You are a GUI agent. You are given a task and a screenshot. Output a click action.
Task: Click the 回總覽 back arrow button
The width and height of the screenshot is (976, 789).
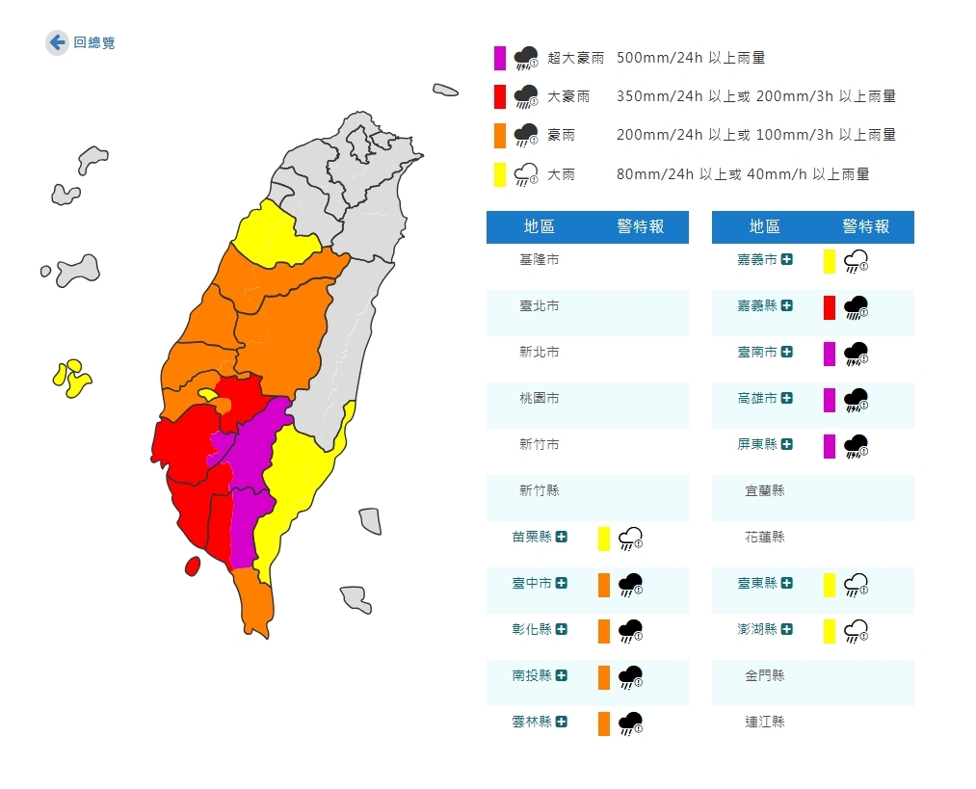[x=57, y=42]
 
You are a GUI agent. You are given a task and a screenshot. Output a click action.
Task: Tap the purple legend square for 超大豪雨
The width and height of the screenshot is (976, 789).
[x=500, y=58]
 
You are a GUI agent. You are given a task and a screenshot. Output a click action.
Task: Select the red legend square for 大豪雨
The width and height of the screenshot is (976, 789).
[x=500, y=96]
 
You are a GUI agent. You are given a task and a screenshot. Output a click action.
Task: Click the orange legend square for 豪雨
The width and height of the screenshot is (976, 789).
[x=500, y=135]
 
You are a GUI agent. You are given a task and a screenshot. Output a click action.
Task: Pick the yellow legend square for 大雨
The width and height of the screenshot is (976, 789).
[x=500, y=174]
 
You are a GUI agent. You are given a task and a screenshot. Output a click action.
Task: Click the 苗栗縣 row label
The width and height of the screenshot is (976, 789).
[x=532, y=537]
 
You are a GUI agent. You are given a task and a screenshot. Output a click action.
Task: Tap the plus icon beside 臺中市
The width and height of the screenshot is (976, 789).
[x=562, y=583]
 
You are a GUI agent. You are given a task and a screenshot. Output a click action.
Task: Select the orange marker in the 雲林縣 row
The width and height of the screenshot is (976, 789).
[x=604, y=723]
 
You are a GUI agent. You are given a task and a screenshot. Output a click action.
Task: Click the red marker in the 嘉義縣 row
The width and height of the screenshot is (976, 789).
[x=830, y=307]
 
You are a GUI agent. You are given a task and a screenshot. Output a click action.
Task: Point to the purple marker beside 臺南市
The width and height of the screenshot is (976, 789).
[x=830, y=354]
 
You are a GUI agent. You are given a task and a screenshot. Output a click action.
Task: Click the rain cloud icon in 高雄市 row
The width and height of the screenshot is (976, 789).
[x=856, y=400]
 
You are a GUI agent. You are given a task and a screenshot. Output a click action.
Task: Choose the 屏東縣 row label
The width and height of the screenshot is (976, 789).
[x=757, y=444]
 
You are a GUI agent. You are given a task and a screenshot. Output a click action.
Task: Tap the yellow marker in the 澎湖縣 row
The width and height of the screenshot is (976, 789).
[x=830, y=631]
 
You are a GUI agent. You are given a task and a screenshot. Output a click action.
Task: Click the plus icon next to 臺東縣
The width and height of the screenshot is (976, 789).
[x=787, y=583]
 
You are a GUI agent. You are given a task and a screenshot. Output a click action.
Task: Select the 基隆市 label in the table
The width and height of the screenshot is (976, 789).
[x=540, y=260]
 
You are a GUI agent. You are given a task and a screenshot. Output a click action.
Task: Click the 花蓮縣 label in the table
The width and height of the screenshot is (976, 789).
[x=765, y=537]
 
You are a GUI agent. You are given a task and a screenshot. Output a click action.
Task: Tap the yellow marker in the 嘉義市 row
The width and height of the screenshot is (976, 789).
[x=830, y=261]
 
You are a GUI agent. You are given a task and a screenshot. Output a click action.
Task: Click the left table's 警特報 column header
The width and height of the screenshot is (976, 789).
[x=641, y=227]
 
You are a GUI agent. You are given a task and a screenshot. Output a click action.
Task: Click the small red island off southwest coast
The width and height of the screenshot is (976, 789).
[x=192, y=565]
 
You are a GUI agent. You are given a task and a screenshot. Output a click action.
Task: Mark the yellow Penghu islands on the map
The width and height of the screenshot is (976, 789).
[x=71, y=378]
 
